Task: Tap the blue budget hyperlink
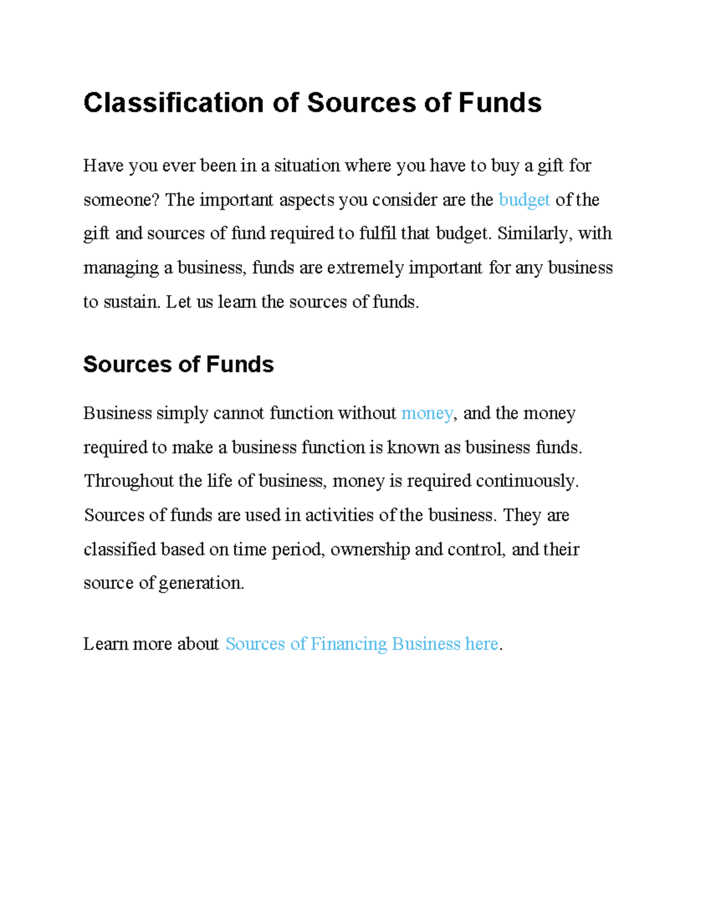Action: click(x=524, y=200)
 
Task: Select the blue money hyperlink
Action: click(x=427, y=413)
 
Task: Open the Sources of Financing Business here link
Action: click(x=362, y=644)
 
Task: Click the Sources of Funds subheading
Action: click(x=178, y=364)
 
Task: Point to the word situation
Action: click(x=307, y=166)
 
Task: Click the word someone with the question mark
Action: click(x=121, y=200)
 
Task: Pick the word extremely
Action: click(x=366, y=268)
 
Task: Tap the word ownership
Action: click(x=370, y=549)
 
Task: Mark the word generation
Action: click(x=201, y=584)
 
